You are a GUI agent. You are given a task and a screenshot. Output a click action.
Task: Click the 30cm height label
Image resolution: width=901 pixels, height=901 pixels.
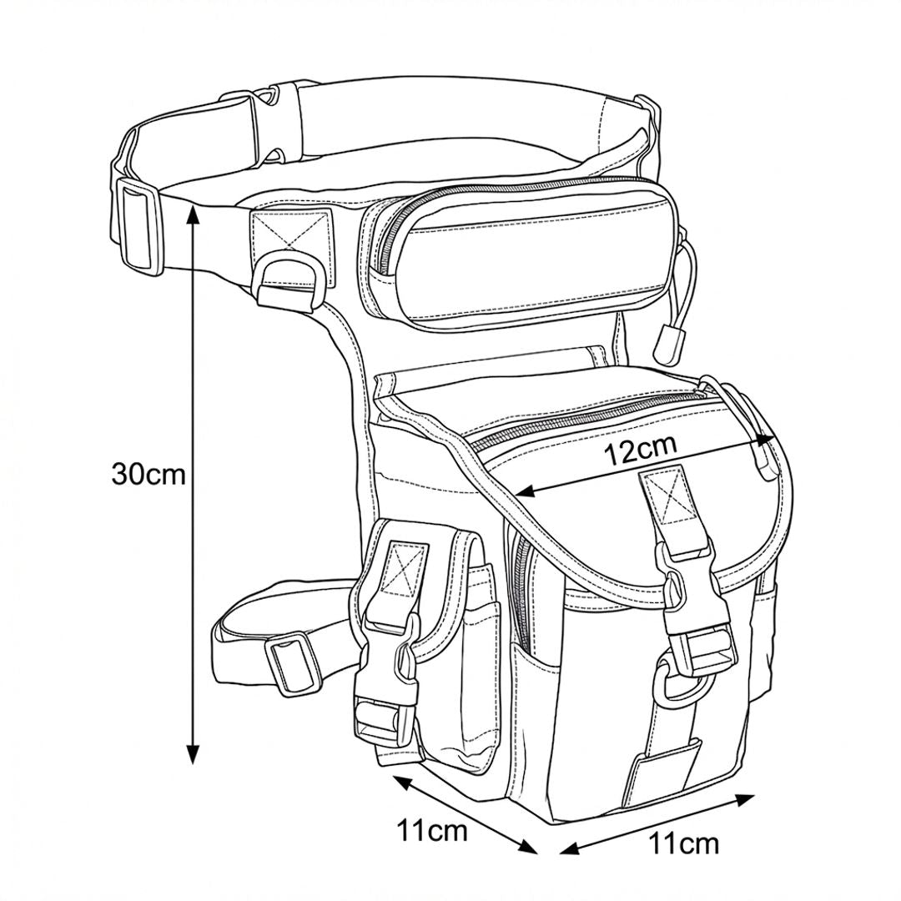pos(148,475)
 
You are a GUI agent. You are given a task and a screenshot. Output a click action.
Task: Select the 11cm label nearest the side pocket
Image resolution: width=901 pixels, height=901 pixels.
pos(431,830)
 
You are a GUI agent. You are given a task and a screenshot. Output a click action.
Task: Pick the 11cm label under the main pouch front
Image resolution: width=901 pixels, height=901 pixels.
pos(683,843)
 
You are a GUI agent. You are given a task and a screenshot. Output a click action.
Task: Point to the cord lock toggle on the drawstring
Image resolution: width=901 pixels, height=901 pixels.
pos(668,345)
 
